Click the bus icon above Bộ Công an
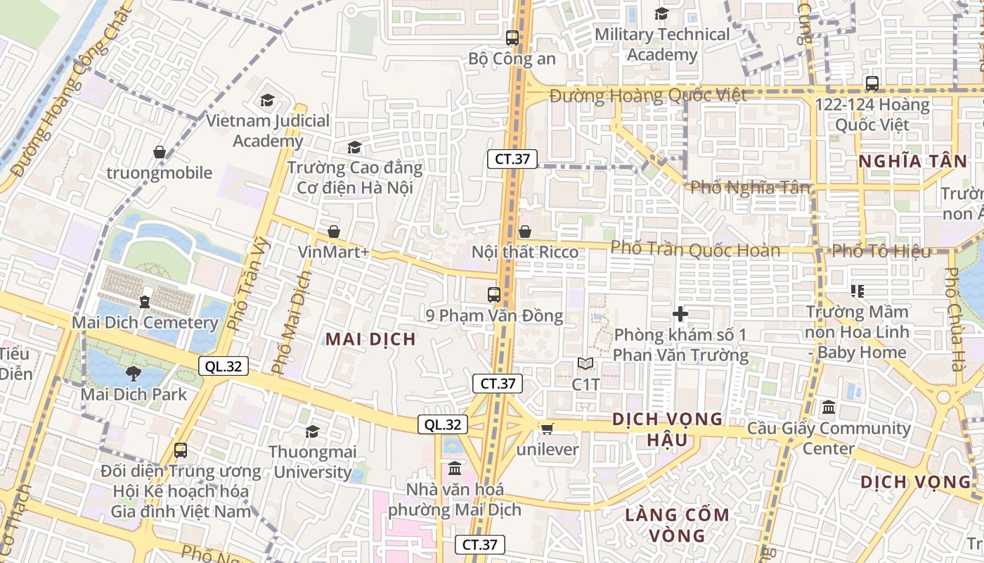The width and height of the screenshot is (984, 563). (512, 38)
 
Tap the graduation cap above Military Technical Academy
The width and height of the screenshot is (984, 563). (661, 13)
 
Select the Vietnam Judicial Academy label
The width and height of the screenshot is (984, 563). (268, 131)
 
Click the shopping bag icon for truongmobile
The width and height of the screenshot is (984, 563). (160, 152)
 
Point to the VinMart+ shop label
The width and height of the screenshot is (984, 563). (333, 252)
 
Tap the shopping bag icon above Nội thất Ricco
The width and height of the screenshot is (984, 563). (524, 232)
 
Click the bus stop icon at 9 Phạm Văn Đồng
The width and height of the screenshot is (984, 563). (494, 295)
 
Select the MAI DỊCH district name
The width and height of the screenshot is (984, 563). (370, 339)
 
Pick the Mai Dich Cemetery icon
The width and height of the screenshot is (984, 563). (145, 301)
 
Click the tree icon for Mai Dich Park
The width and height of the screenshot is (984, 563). (134, 374)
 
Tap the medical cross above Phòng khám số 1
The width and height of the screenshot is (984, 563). (680, 314)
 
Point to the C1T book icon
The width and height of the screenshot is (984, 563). (585, 364)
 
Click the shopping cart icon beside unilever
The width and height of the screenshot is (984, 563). (547, 429)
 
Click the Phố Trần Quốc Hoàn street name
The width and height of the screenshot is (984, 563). (695, 250)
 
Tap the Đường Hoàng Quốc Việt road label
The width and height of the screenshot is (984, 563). (648, 96)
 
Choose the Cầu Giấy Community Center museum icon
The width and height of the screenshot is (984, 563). (829, 407)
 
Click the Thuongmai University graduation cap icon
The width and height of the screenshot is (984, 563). (312, 431)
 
